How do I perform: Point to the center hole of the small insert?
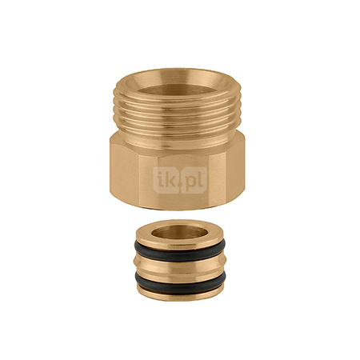tap(179, 232)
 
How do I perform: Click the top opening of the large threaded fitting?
tap(177, 90)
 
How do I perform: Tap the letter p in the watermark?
tap(191, 181)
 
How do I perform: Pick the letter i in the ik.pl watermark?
tap(159, 179)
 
